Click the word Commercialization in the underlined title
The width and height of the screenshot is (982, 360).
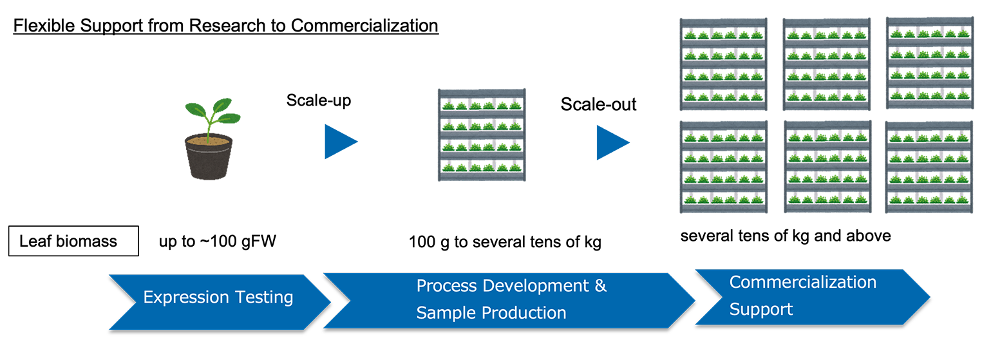click(x=364, y=26)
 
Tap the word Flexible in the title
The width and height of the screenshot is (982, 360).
click(x=44, y=26)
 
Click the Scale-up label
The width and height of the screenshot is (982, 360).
click(x=319, y=100)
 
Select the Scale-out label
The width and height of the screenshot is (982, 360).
click(x=598, y=104)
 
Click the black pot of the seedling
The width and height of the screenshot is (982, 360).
click(x=209, y=157)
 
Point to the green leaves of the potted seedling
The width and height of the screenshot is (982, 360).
click(x=212, y=113)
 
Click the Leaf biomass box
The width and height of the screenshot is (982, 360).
click(x=73, y=241)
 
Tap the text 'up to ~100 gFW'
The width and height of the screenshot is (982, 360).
click(x=218, y=241)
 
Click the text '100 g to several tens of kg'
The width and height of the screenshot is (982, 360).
click(x=505, y=242)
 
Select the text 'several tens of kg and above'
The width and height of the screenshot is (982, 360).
click(x=786, y=236)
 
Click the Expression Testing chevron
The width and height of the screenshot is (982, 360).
click(x=219, y=302)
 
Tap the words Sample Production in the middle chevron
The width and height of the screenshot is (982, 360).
click(x=491, y=313)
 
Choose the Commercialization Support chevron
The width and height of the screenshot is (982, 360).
click(x=813, y=298)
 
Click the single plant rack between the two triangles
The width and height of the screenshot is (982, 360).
click(x=482, y=135)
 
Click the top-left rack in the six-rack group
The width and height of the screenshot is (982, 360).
click(x=724, y=64)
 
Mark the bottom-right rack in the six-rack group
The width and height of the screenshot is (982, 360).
click(x=929, y=167)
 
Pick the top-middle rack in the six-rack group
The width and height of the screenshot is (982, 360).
click(x=827, y=64)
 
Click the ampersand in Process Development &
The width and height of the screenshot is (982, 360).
click(x=601, y=286)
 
